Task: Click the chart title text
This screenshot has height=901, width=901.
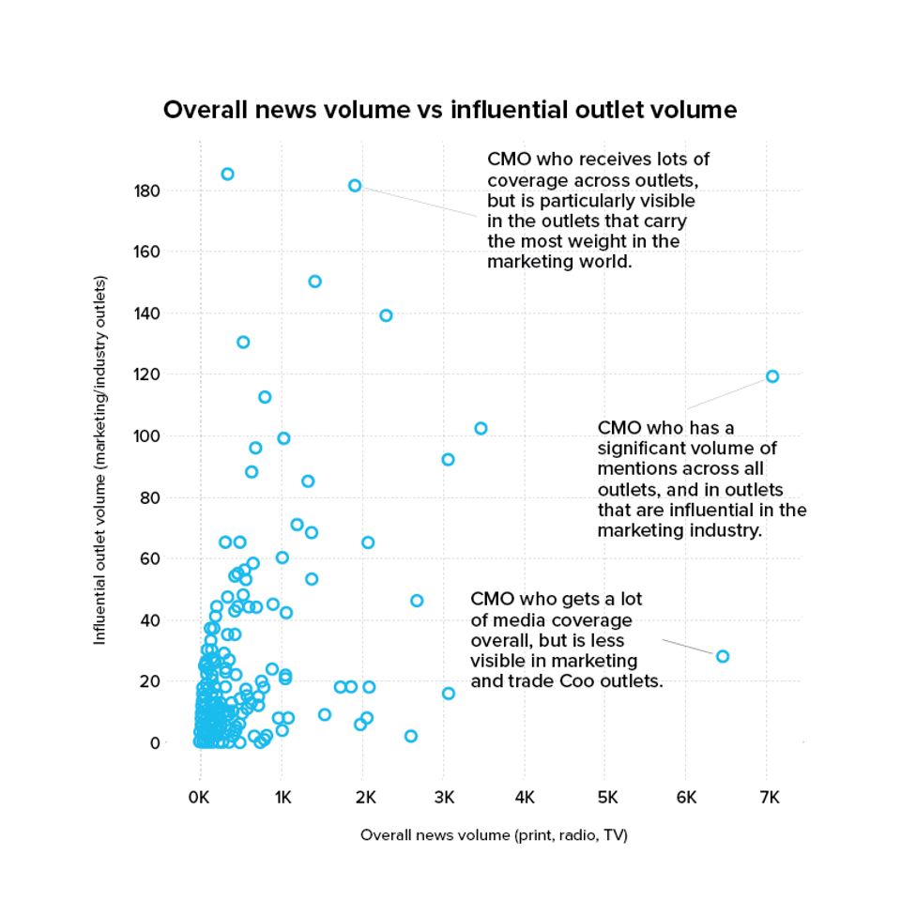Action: coord(450,110)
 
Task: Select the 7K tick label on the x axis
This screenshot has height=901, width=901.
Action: coord(768,797)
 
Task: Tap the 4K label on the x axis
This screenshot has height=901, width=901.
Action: coord(525,797)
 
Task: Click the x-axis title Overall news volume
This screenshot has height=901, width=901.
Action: coord(494,834)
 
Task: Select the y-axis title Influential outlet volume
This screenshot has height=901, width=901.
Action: coord(99,460)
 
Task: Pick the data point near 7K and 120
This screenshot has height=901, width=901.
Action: coord(772,376)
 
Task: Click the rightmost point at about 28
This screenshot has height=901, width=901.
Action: coord(723,656)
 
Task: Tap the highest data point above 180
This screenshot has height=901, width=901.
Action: coord(227,174)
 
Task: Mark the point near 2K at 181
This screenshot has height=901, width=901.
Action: coord(355,186)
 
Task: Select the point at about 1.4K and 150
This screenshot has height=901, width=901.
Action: coord(314,282)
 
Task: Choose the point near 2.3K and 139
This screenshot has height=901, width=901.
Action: coord(386,315)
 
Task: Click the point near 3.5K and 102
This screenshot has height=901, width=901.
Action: coord(481,428)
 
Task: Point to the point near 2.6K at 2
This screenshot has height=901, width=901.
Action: coord(410,736)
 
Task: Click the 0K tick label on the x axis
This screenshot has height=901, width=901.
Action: coord(199,797)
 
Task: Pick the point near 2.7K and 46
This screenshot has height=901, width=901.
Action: coord(417,601)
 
